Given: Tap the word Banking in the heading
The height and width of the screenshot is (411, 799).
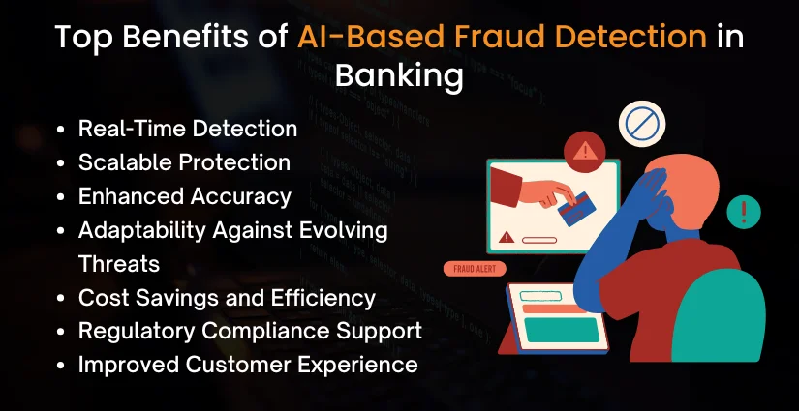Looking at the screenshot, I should [x=399, y=76].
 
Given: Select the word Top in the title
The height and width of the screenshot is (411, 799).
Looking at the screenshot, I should [x=84, y=37].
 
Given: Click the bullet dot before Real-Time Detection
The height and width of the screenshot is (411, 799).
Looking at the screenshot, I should [x=63, y=129].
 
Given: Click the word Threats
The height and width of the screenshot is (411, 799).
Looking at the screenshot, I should [x=119, y=263].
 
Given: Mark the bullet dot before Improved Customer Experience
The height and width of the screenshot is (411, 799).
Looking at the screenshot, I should [x=63, y=366].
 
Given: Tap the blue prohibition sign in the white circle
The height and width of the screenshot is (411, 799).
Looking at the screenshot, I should [x=640, y=125].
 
